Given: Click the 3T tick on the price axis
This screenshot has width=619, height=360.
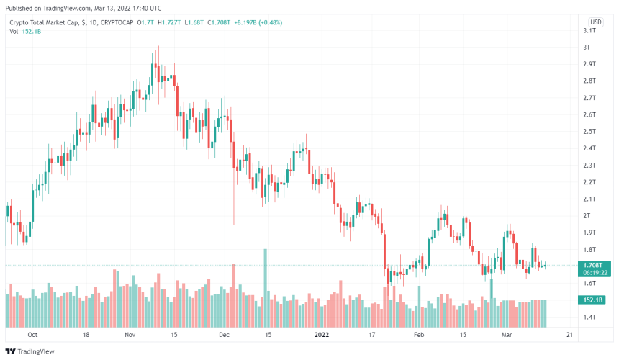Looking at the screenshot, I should tap(587, 47).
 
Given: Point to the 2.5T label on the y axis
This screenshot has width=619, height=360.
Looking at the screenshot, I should tap(589, 131).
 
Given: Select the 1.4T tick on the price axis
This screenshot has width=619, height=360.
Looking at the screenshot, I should tap(589, 317).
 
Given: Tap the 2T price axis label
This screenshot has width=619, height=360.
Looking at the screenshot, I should tap(587, 215).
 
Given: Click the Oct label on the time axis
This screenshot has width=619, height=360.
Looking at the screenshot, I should tap(32, 335).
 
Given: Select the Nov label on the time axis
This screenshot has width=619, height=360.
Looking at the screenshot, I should tap(130, 335).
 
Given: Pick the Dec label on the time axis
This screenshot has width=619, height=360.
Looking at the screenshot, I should tap(224, 335).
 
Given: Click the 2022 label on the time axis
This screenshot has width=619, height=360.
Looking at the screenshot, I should tap(321, 335).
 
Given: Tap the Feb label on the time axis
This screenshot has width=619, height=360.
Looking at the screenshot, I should tap(420, 335).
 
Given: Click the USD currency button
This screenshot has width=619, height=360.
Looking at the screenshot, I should tap(596, 22).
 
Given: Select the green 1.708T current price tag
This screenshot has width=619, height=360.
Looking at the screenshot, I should tap(595, 265).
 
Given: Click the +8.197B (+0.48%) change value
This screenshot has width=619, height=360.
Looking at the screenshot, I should tap(256, 22).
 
